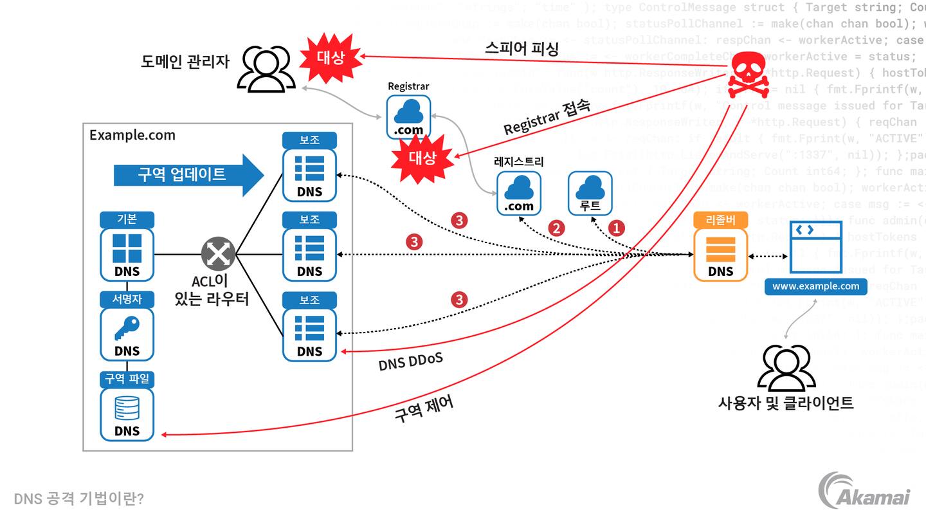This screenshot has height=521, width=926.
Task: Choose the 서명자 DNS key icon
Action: point(127,333)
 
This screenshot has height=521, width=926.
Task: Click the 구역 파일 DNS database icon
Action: point(127,414)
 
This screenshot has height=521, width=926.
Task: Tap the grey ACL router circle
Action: point(219,253)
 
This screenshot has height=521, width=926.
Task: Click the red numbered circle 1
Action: point(617,228)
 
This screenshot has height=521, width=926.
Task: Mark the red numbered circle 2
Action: point(556,228)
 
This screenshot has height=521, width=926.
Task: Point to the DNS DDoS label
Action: point(410,361)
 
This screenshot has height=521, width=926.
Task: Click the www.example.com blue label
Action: point(815,286)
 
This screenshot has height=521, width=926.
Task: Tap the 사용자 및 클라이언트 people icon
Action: point(786,368)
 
